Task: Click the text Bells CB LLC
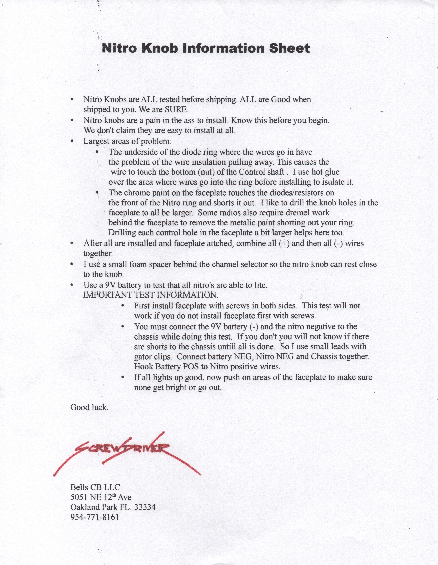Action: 95,487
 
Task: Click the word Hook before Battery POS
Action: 144,367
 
